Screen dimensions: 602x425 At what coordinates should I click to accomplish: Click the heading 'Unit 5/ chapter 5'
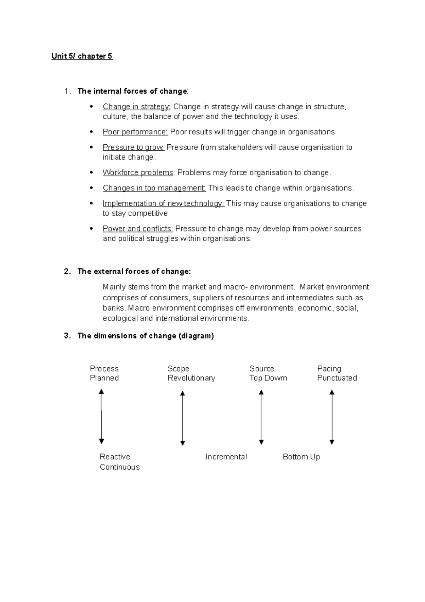pyautogui.click(x=82, y=56)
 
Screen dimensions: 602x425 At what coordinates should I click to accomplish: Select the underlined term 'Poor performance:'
pyautogui.click(x=135, y=132)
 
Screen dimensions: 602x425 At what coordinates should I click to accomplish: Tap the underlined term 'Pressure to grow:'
pyautogui.click(x=133, y=147)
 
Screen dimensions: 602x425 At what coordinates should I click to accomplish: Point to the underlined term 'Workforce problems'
pyautogui.click(x=138, y=173)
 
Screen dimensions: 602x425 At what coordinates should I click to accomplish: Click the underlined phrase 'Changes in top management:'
pyautogui.click(x=154, y=188)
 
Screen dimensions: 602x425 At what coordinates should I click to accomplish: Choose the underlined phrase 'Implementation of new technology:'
pyautogui.click(x=163, y=204)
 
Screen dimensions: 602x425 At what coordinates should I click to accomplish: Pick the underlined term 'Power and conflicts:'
pyautogui.click(x=138, y=229)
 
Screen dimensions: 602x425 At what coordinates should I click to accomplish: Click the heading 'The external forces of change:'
pyautogui.click(x=134, y=272)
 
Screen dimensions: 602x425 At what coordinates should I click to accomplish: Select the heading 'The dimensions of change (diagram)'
pyautogui.click(x=145, y=336)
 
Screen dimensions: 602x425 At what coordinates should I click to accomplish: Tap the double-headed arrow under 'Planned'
pyautogui.click(x=101, y=417)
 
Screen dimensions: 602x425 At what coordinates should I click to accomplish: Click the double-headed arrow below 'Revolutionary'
pyautogui.click(x=182, y=418)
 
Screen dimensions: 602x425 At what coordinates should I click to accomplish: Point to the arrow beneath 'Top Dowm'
pyautogui.click(x=261, y=417)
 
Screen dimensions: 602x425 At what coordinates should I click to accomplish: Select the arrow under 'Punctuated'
pyautogui.click(x=332, y=417)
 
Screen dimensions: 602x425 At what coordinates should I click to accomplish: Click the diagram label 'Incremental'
pyautogui.click(x=226, y=457)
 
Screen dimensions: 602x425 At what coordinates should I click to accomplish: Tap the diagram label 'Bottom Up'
pyautogui.click(x=301, y=457)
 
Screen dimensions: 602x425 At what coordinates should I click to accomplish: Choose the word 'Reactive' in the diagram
pyautogui.click(x=115, y=457)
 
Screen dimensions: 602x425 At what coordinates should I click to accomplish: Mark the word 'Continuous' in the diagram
pyautogui.click(x=120, y=467)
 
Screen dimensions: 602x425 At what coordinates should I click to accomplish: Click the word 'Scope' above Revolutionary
pyautogui.click(x=178, y=369)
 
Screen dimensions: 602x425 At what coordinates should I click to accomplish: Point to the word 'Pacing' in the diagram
pyautogui.click(x=329, y=369)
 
